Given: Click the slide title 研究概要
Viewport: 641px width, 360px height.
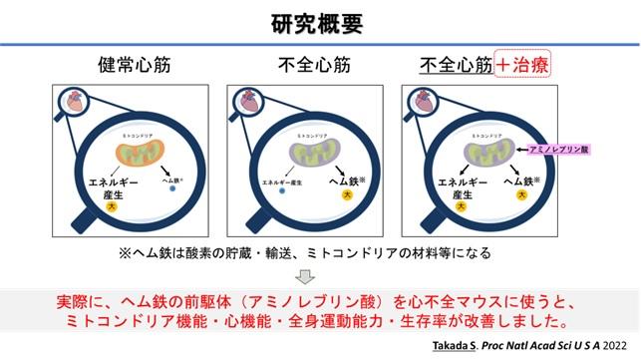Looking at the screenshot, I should click(x=320, y=23).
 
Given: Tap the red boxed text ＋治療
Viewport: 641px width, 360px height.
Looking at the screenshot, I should click(x=524, y=66).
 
